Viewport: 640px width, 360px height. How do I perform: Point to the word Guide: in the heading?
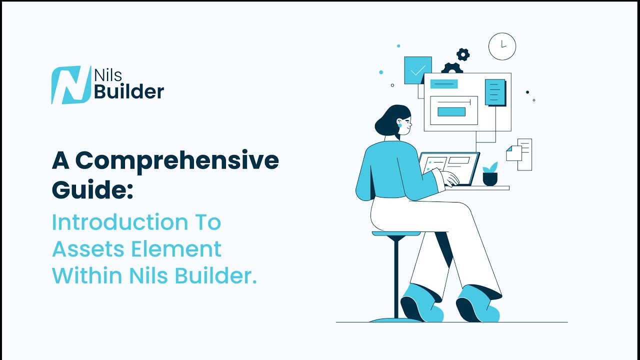[93, 190]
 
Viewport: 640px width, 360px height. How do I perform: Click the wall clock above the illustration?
[502, 46]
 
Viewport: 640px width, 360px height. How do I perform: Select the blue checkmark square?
[417, 70]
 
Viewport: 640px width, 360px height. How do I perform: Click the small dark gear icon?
[463, 54]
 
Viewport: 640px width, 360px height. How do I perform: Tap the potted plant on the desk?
[490, 174]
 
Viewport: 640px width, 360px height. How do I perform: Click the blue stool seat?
[396, 233]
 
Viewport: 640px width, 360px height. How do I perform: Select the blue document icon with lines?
[494, 92]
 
